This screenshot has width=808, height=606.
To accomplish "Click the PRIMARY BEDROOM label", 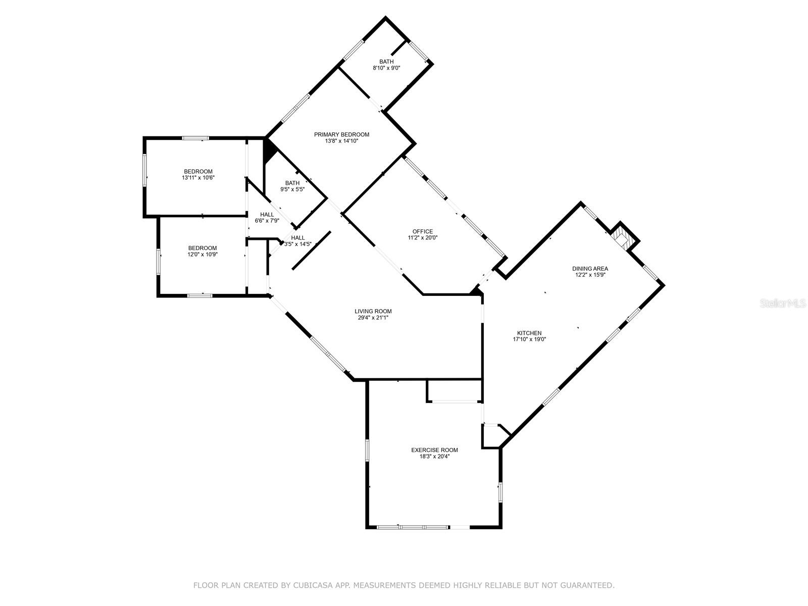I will [x=341, y=134].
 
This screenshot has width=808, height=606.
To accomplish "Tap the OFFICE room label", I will [x=422, y=231].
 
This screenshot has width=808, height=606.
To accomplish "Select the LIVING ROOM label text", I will [x=373, y=311].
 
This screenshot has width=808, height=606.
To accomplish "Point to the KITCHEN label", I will [x=529, y=333].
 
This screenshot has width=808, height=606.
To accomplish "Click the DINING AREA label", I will [x=590, y=269].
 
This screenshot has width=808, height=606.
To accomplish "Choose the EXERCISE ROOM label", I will [x=434, y=450].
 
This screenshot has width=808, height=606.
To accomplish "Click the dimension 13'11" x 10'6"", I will [x=198, y=178].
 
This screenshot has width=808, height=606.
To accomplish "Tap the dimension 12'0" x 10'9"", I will [x=202, y=255].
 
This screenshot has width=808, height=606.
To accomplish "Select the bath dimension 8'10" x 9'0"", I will [x=386, y=68].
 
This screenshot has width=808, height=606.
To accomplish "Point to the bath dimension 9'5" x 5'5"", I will [x=292, y=189].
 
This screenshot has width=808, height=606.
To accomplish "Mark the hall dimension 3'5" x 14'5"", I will [x=297, y=244].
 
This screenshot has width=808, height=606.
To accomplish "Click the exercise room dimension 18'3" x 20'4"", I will [x=434, y=457].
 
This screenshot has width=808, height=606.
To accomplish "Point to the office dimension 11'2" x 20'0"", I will [x=422, y=238].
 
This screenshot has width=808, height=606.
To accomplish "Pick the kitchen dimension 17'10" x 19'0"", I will [x=529, y=339].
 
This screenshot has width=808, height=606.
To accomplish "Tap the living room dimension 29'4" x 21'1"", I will [x=373, y=318].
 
